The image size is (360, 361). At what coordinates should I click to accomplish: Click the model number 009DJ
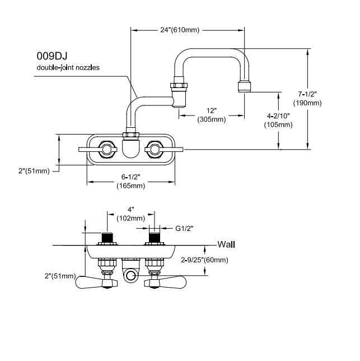[x=52, y=56]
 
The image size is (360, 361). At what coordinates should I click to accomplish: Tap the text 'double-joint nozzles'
[x=68, y=67]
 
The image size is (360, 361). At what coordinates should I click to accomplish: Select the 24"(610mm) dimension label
[x=180, y=30]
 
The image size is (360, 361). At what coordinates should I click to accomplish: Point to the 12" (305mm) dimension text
[x=212, y=115]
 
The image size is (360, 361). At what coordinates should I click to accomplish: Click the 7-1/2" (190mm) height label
[x=307, y=99]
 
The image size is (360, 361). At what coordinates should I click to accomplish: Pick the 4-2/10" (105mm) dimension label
[x=278, y=120]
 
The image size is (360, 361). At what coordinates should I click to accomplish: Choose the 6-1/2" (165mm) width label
[x=131, y=181]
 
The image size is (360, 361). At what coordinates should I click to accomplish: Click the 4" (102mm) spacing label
[x=131, y=214]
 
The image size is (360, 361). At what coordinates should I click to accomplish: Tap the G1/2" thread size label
[x=184, y=228]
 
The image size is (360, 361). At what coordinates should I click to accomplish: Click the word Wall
[x=226, y=244]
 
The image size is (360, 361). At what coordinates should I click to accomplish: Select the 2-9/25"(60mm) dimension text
[x=204, y=260]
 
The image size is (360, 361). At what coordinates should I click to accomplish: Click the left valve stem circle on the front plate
[x=106, y=150]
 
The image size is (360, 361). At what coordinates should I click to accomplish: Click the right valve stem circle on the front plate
[x=155, y=150]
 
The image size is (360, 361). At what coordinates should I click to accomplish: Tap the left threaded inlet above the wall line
[x=107, y=237]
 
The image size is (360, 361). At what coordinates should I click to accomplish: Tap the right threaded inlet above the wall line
[x=155, y=237]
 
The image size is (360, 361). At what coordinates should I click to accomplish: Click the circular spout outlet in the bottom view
[x=131, y=276]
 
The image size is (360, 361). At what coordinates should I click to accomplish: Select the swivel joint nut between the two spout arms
[x=179, y=86]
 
